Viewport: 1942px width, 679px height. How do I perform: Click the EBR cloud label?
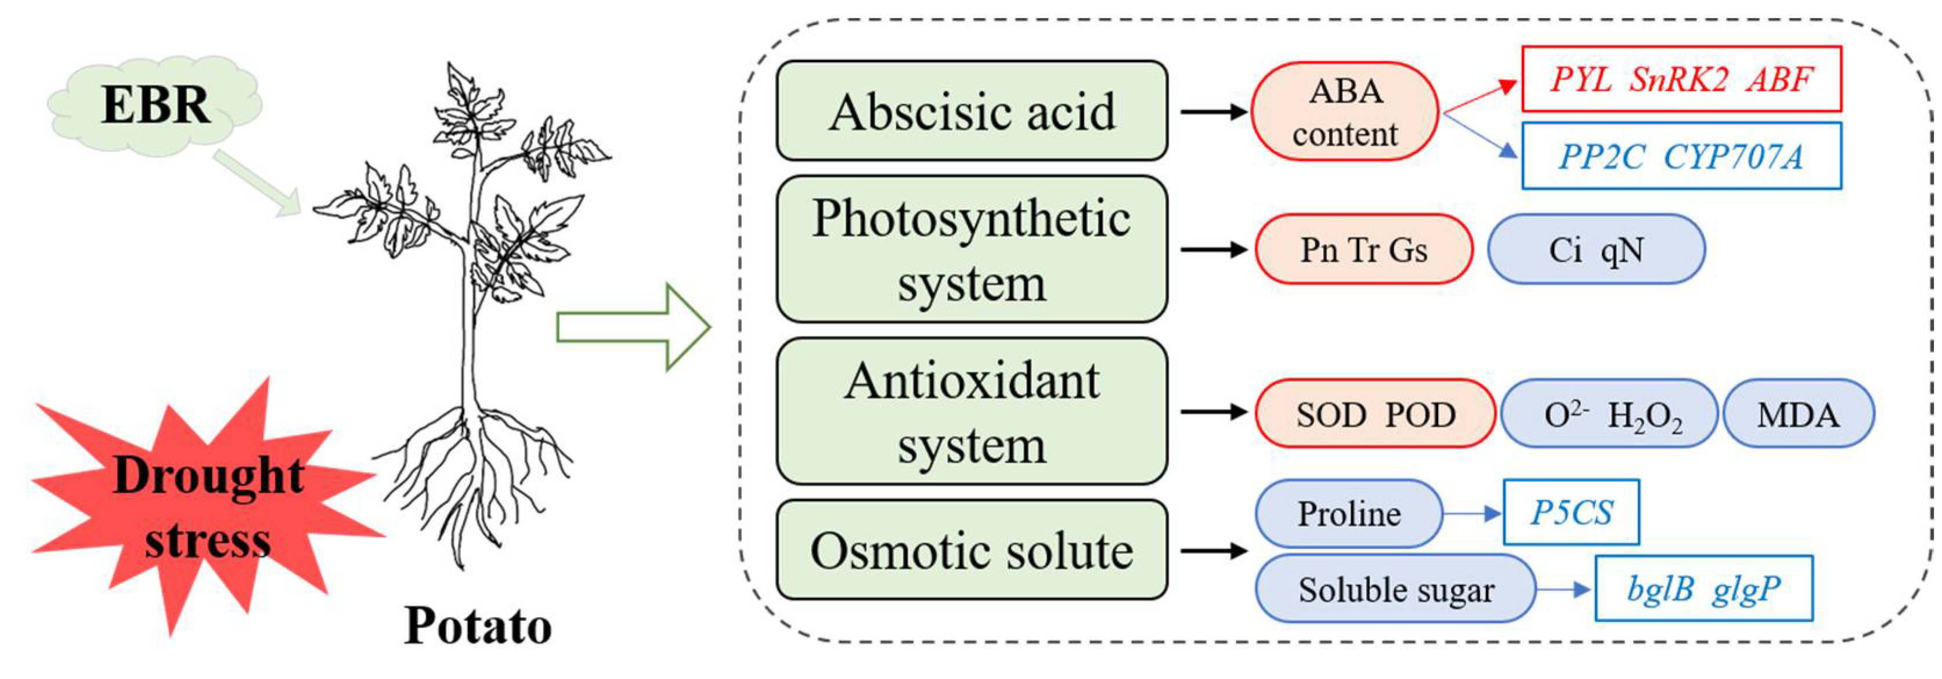(x=156, y=104)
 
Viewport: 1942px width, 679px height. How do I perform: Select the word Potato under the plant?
(x=478, y=626)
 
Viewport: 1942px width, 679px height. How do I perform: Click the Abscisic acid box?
(x=972, y=111)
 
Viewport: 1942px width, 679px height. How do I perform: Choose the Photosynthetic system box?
(x=972, y=250)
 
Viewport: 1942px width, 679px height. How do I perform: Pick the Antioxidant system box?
(x=972, y=411)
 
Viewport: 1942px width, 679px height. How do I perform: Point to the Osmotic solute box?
(x=972, y=550)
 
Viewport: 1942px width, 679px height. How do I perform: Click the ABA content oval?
(x=1345, y=111)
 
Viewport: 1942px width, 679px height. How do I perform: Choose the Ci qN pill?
(x=1596, y=250)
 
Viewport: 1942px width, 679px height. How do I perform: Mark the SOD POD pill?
(x=1375, y=414)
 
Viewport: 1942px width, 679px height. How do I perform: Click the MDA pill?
(x=1798, y=414)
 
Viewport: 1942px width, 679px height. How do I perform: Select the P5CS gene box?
(x=1571, y=512)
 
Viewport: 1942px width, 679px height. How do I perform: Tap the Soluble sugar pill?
(x=1395, y=588)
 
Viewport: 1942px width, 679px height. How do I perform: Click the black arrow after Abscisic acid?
(x=1213, y=111)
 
